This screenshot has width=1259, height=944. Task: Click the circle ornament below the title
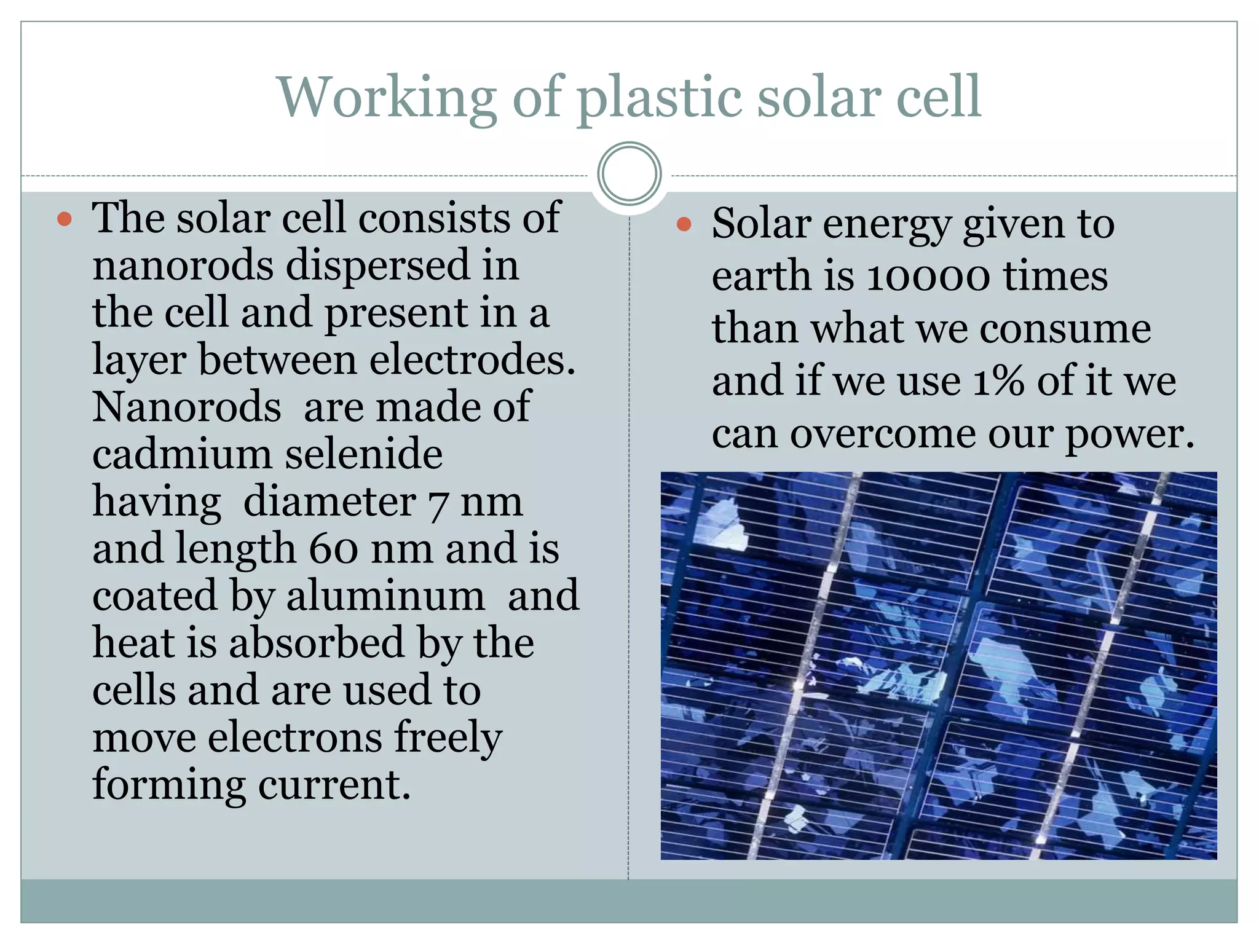click(x=629, y=174)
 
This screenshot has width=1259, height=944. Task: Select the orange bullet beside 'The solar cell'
click(x=65, y=219)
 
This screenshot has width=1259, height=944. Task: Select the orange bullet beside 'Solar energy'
click(x=684, y=224)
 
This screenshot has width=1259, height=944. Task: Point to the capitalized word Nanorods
click(x=187, y=407)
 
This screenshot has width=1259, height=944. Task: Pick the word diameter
click(x=330, y=502)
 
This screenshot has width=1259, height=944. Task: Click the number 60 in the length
click(x=333, y=548)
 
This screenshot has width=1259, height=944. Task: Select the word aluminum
click(x=385, y=596)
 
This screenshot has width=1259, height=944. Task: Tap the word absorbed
click(x=317, y=643)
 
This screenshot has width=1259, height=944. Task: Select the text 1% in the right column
click(x=998, y=381)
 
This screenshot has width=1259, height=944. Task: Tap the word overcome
click(x=883, y=434)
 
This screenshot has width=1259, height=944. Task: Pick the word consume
click(x=1065, y=329)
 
